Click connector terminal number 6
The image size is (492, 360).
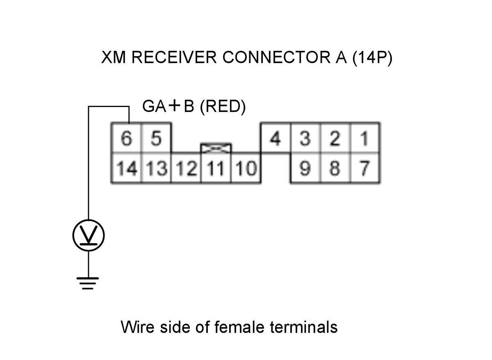tap(126, 139)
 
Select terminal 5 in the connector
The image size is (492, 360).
tap(156, 139)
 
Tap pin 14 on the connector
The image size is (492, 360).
tap(126, 169)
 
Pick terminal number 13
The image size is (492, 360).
tap(156, 169)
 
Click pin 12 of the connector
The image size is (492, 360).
tap(186, 169)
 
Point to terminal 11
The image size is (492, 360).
tap(216, 169)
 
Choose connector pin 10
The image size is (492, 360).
tap(246, 169)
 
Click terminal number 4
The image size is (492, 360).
tap(276, 139)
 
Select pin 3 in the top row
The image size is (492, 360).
tap(305, 139)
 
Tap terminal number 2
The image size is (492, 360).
tap(335, 139)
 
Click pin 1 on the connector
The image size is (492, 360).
tap(364, 139)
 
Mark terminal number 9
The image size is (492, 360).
tap(305, 169)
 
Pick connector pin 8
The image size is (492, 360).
tap(335, 169)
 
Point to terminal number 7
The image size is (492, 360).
tap(364, 169)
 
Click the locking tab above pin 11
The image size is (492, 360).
tap(216, 148)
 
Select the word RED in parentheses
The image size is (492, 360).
tap(223, 107)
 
